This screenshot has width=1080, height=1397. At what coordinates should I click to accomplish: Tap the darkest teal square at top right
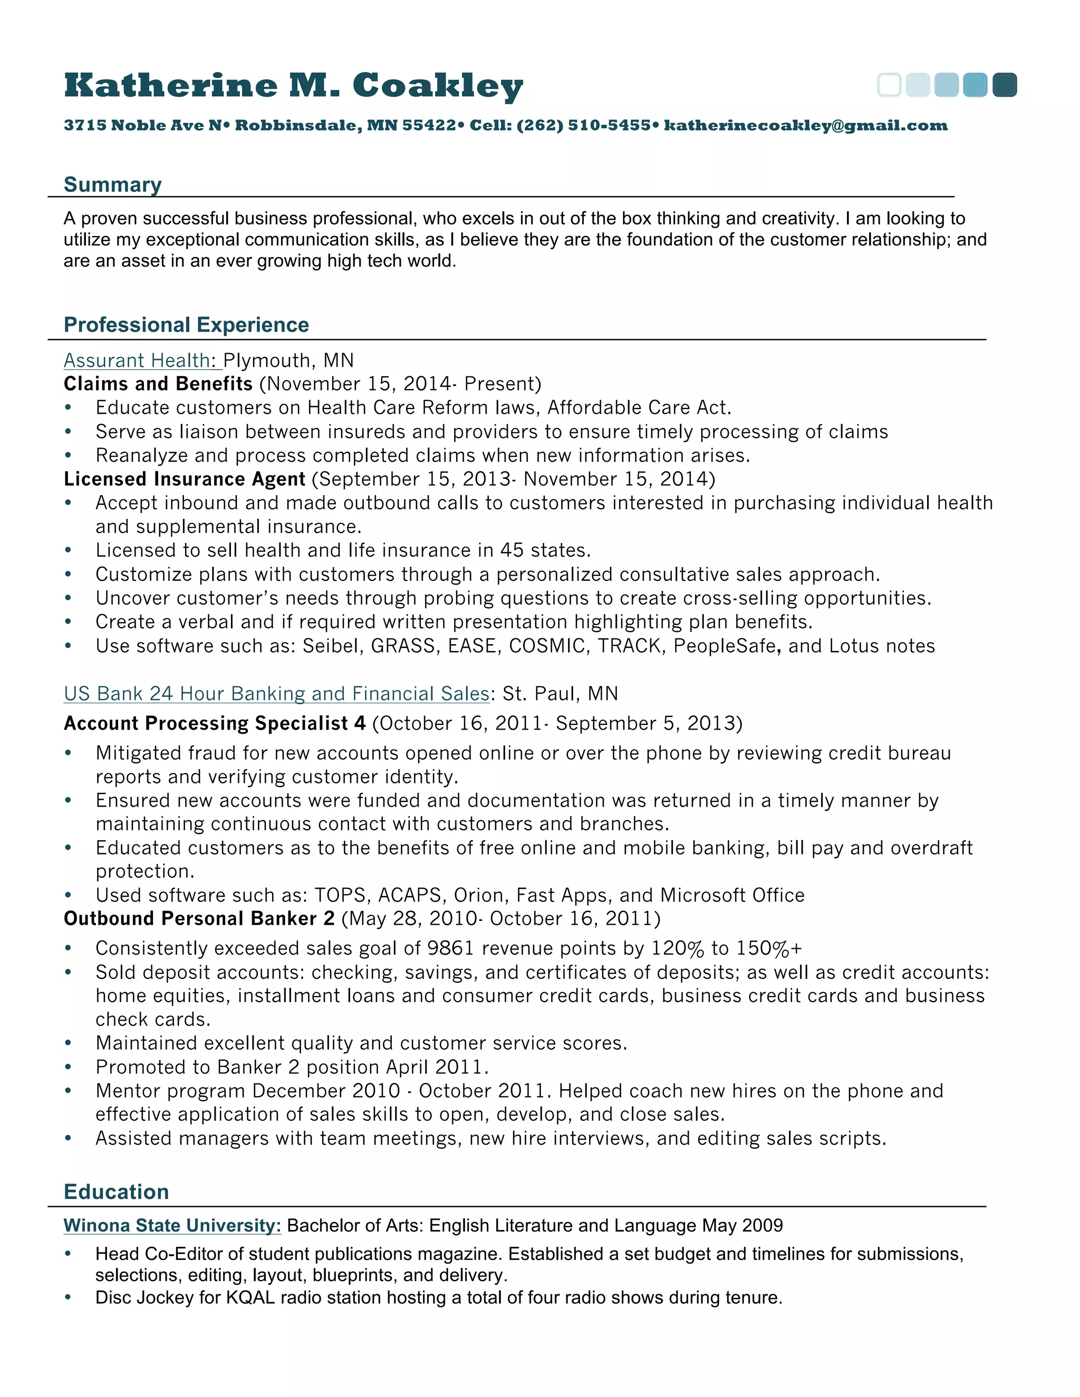point(1005,85)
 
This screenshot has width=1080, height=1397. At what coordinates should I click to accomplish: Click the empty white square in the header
point(889,85)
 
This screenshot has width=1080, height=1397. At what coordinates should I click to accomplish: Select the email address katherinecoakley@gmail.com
point(806,125)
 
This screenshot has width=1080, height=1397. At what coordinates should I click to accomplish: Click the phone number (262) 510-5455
point(583,125)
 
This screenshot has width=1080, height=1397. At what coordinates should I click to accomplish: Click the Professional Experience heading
point(186,325)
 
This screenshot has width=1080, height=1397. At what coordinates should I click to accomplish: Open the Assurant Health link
point(137,361)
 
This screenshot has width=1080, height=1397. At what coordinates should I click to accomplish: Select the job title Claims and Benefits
point(158,384)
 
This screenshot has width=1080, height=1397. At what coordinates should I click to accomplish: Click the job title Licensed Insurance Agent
point(184,479)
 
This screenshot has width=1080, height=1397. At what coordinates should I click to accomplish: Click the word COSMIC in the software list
point(547,646)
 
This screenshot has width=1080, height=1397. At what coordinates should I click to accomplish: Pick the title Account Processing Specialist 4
point(214,723)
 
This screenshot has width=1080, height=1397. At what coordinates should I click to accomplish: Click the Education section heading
point(117,1192)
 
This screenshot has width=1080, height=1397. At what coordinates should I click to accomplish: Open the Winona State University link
point(172,1226)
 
